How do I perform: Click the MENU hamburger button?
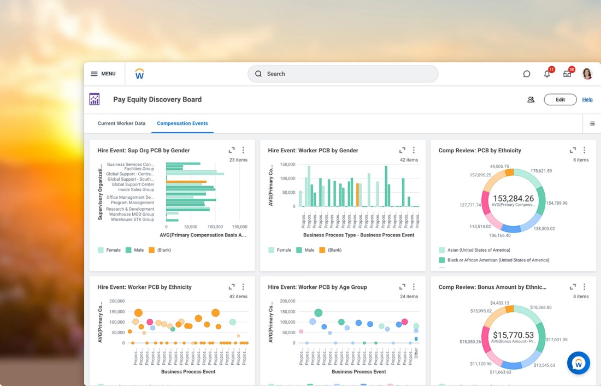point(103,74)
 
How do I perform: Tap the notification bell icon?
point(547,74)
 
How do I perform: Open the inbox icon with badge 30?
point(567,74)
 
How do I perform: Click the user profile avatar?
point(587,74)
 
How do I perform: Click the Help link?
point(587,99)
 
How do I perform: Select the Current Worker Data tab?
point(121,123)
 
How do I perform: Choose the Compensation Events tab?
point(182,123)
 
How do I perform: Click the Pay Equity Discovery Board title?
point(157,99)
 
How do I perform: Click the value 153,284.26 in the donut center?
point(513,199)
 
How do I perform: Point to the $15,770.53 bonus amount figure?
point(513,335)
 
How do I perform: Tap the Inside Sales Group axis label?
point(136,189)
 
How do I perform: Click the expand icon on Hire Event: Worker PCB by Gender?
point(402,150)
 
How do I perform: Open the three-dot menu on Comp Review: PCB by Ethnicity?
point(584,150)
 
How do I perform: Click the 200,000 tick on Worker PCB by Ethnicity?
point(117,301)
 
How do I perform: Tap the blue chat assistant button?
point(579,363)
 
